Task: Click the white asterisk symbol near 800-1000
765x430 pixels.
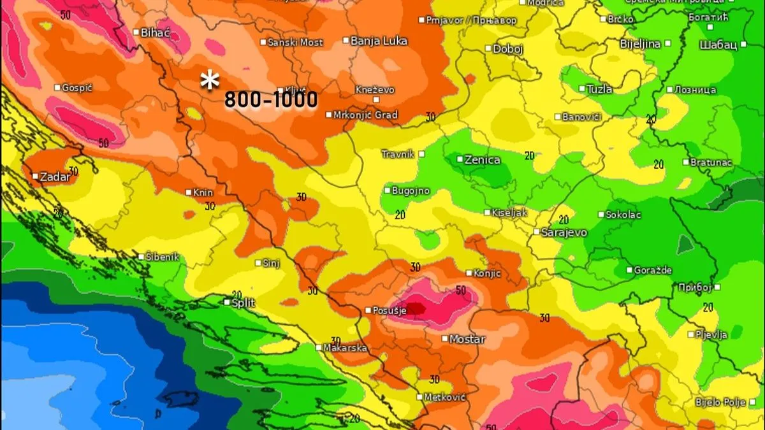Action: pyautogui.click(x=210, y=82)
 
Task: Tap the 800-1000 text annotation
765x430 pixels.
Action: pyautogui.click(x=271, y=100)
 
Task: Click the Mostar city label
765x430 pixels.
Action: pyautogui.click(x=467, y=340)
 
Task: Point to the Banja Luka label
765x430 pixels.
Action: pyautogui.click(x=379, y=41)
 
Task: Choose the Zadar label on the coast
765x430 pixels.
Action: pyautogui.click(x=55, y=177)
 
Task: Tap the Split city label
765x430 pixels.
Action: pyautogui.click(x=243, y=303)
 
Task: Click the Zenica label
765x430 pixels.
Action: pyautogui.click(x=483, y=160)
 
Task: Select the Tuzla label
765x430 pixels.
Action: pyautogui.click(x=599, y=89)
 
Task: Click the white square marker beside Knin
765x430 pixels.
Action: pyautogui.click(x=189, y=192)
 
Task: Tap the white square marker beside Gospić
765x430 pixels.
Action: pyautogui.click(x=57, y=87)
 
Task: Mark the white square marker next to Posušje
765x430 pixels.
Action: pyautogui.click(x=368, y=310)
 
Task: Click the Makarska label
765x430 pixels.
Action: pyautogui.click(x=345, y=348)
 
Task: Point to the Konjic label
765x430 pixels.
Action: pyautogui.click(x=487, y=273)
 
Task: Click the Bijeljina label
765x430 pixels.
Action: pyautogui.click(x=641, y=44)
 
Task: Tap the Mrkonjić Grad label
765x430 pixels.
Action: pyautogui.click(x=367, y=115)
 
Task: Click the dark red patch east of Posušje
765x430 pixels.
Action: pyautogui.click(x=415, y=308)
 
